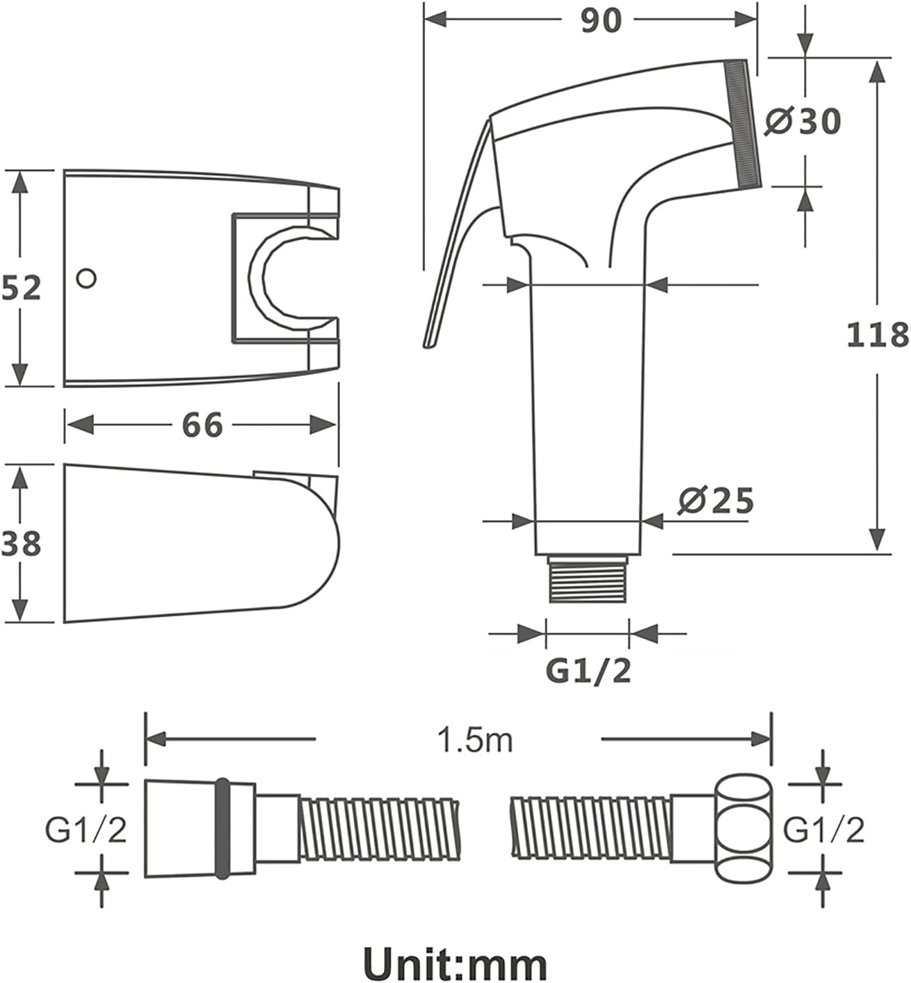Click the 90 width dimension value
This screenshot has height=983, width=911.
click(x=600, y=21)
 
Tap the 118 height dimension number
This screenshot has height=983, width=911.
click(x=878, y=334)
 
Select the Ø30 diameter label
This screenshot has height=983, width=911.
click(x=803, y=121)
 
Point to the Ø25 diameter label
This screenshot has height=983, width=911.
click(x=716, y=501)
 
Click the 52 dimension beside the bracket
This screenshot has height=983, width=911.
click(x=21, y=288)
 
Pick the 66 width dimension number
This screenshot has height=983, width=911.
click(x=202, y=425)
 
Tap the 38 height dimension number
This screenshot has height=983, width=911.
click(x=21, y=543)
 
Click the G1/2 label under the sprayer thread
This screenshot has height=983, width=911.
click(x=588, y=671)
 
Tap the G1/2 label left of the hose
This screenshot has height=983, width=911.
click(x=86, y=829)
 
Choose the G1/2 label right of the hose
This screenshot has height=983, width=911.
click(x=823, y=829)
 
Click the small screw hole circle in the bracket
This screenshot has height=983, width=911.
click(x=87, y=279)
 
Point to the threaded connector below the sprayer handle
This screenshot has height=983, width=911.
click(x=588, y=578)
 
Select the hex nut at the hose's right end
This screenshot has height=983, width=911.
click(x=744, y=829)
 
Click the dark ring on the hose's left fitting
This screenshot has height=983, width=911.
click(x=223, y=829)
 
